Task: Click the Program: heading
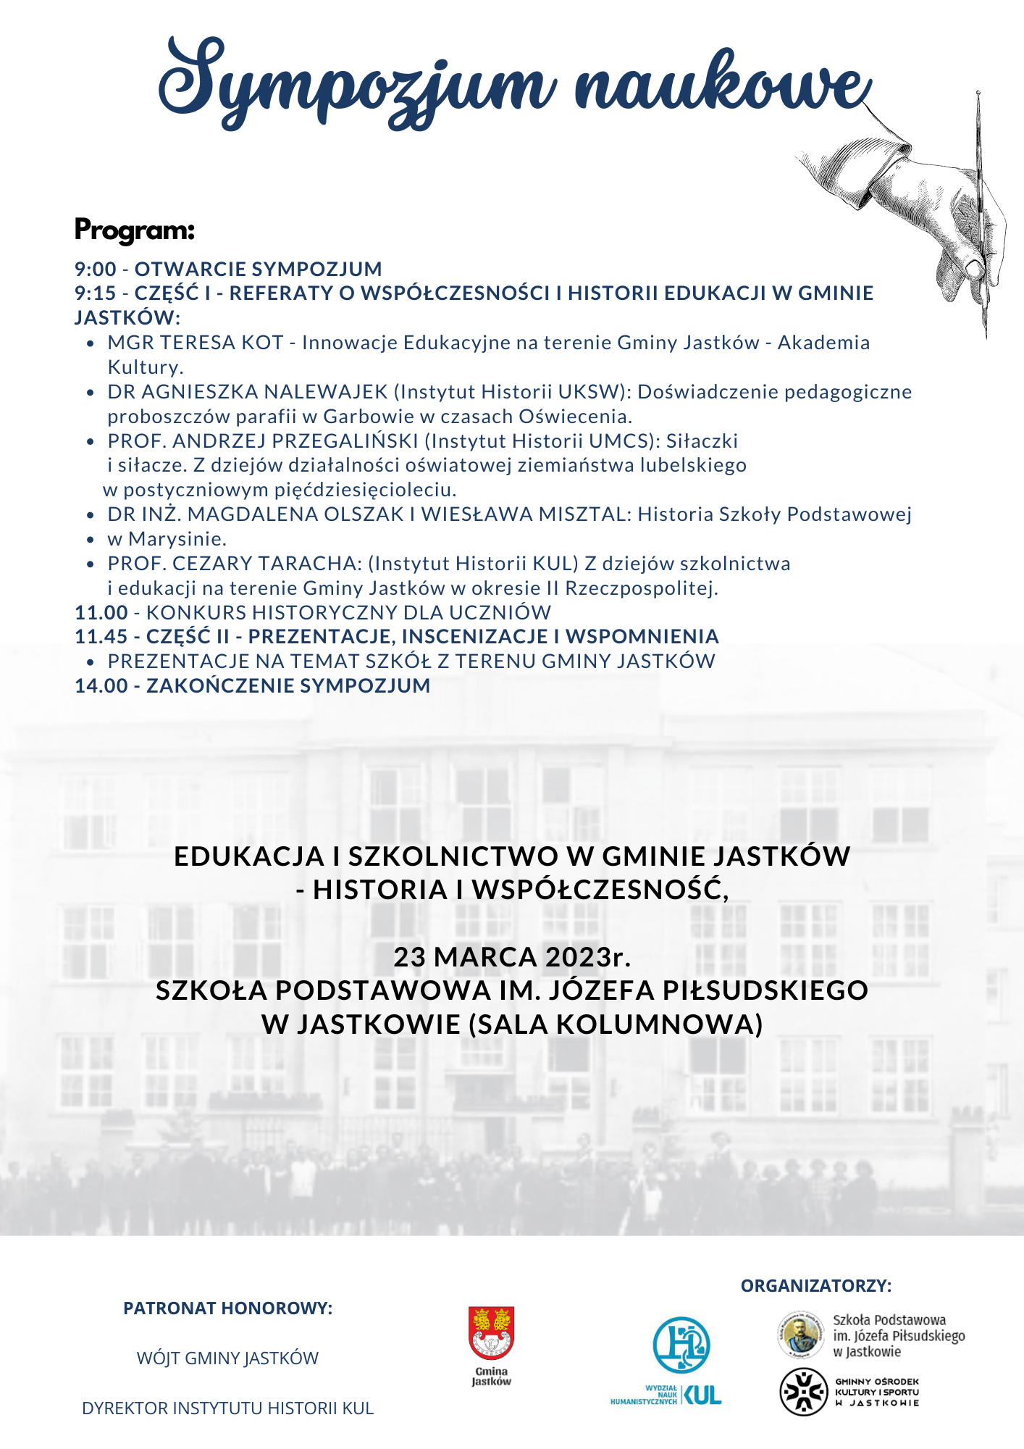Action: point(135,230)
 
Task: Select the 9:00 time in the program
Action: point(96,270)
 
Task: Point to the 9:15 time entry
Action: point(96,293)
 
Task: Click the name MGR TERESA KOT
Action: point(195,343)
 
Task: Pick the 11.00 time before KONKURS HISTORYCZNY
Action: point(101,613)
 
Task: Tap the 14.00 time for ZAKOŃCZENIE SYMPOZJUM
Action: point(101,686)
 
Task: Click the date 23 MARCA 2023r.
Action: point(512,957)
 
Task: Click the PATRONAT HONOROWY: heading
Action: point(227,1308)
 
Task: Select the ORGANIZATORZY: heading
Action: point(816,1286)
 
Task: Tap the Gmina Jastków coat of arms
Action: point(491,1334)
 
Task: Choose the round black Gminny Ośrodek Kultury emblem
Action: point(803,1392)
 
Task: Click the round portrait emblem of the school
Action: point(801,1335)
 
